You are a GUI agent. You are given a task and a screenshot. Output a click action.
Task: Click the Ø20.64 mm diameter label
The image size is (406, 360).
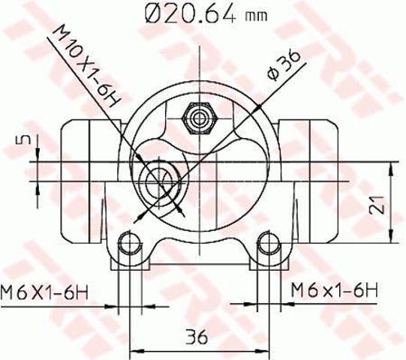pos(206,14)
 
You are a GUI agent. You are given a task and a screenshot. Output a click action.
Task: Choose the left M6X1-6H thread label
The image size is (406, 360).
pos(44,292)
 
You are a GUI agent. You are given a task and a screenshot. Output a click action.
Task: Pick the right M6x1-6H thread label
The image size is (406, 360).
pos(335,290)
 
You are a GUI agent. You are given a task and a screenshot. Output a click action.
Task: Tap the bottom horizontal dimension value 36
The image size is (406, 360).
pos(197,337)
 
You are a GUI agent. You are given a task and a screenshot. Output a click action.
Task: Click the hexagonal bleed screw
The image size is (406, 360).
pos(199,118)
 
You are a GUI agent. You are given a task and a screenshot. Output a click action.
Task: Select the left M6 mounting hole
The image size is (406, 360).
pos(130,243)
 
